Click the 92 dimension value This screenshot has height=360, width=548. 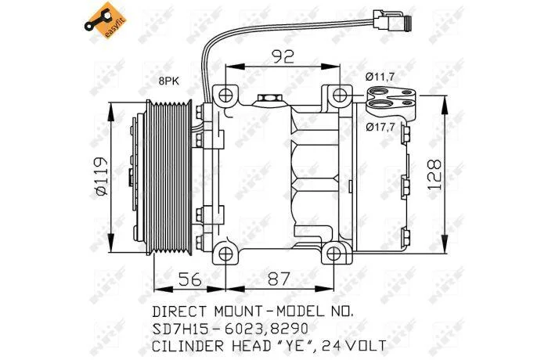pyautogui.click(x=283, y=57)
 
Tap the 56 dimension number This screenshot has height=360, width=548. pyautogui.click(x=190, y=279)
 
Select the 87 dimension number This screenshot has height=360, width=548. pyautogui.click(x=279, y=279)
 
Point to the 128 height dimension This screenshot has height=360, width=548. pyautogui.click(x=434, y=175)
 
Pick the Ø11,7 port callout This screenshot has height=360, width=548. pyautogui.click(x=380, y=77)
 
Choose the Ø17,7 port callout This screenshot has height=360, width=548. pyautogui.click(x=380, y=127)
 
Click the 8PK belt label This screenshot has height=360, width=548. pyautogui.click(x=169, y=81)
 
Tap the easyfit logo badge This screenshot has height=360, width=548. pyautogui.click(x=104, y=20)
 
